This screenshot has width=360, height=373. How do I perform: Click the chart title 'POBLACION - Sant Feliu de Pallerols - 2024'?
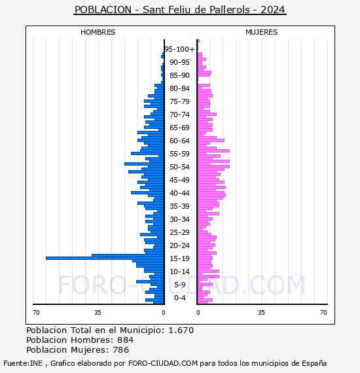(180, 10)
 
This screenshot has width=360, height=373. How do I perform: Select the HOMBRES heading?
(98, 32)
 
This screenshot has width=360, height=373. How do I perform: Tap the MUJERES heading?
(262, 32)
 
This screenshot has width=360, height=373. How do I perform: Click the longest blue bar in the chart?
(105, 258)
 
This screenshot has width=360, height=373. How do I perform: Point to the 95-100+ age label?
(179, 49)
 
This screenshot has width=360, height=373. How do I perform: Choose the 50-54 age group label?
(179, 167)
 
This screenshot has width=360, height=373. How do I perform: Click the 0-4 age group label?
(179, 298)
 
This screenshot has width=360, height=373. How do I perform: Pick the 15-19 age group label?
(179, 258)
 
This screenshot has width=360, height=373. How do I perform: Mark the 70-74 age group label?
(179, 115)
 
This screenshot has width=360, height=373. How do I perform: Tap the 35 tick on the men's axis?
(98, 313)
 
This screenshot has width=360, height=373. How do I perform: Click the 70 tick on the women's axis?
(323, 313)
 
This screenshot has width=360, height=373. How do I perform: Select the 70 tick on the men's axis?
(36, 313)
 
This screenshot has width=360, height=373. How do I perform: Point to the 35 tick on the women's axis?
(261, 313)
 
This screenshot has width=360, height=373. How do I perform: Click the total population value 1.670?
(181, 330)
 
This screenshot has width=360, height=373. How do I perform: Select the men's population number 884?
(126, 340)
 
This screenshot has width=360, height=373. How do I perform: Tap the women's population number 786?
(120, 349)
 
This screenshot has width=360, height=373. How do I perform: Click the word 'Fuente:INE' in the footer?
(23, 363)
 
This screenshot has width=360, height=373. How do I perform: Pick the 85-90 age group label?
(179, 75)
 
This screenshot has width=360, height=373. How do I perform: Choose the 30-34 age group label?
(179, 219)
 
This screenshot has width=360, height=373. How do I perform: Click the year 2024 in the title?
(273, 10)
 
